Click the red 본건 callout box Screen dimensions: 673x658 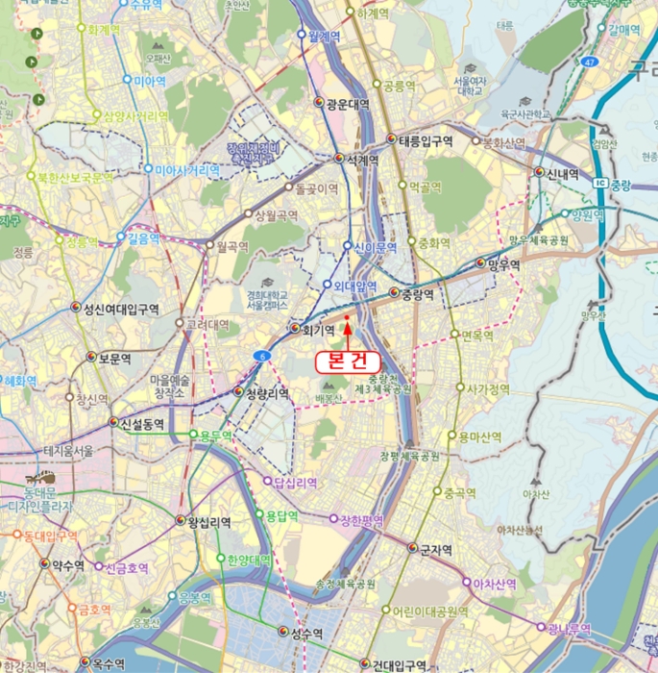click(x=348, y=360)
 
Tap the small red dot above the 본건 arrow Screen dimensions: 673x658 click(x=346, y=315)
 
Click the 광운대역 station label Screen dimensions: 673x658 click(x=348, y=104)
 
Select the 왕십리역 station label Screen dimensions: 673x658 click(x=208, y=521)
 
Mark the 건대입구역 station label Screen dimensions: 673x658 click(x=399, y=664)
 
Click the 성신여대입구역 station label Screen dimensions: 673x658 click(x=120, y=309)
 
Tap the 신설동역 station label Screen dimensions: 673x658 click(x=141, y=423)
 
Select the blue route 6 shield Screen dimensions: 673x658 click(x=261, y=356)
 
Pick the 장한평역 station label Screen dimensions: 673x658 click(x=361, y=520)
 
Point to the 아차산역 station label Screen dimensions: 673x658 click(x=495, y=584)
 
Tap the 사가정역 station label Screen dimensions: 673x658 click(x=488, y=389)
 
